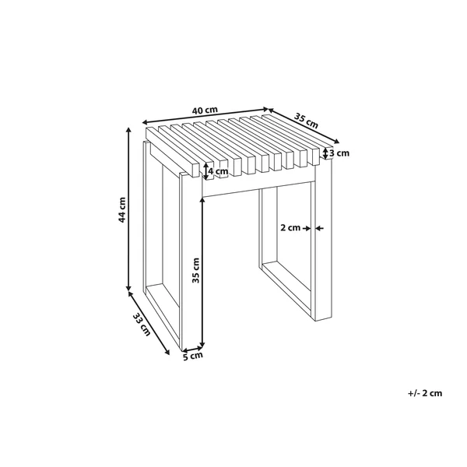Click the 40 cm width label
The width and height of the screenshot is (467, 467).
coord(205,111)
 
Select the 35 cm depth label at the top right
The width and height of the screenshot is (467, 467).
coord(306,121)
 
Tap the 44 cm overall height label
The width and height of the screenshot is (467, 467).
coord(122,209)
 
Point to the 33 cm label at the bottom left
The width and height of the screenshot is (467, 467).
coord(141,325)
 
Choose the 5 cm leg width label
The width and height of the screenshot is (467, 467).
coord(192,356)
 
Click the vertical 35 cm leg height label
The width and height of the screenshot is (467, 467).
coord(195,270)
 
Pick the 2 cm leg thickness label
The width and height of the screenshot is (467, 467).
coord(290,228)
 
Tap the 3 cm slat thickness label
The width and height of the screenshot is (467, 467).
coord(339,153)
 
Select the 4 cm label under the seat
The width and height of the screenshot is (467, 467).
coord(218,171)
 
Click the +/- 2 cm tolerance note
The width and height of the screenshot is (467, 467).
coord(425,393)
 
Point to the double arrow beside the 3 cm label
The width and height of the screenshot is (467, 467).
coord(325,153)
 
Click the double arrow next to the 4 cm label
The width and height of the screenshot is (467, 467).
coord(205,171)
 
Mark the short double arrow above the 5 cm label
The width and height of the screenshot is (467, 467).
coord(193,348)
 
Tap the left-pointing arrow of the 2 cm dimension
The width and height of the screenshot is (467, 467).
coord(320,228)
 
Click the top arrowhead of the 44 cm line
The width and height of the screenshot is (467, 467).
coord(128,130)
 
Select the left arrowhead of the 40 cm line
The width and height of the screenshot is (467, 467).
coord(146,122)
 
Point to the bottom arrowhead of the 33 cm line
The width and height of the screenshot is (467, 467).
coord(167,352)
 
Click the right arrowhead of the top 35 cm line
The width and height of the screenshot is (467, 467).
coord(336,141)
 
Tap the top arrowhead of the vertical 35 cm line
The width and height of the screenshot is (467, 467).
coord(203,200)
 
